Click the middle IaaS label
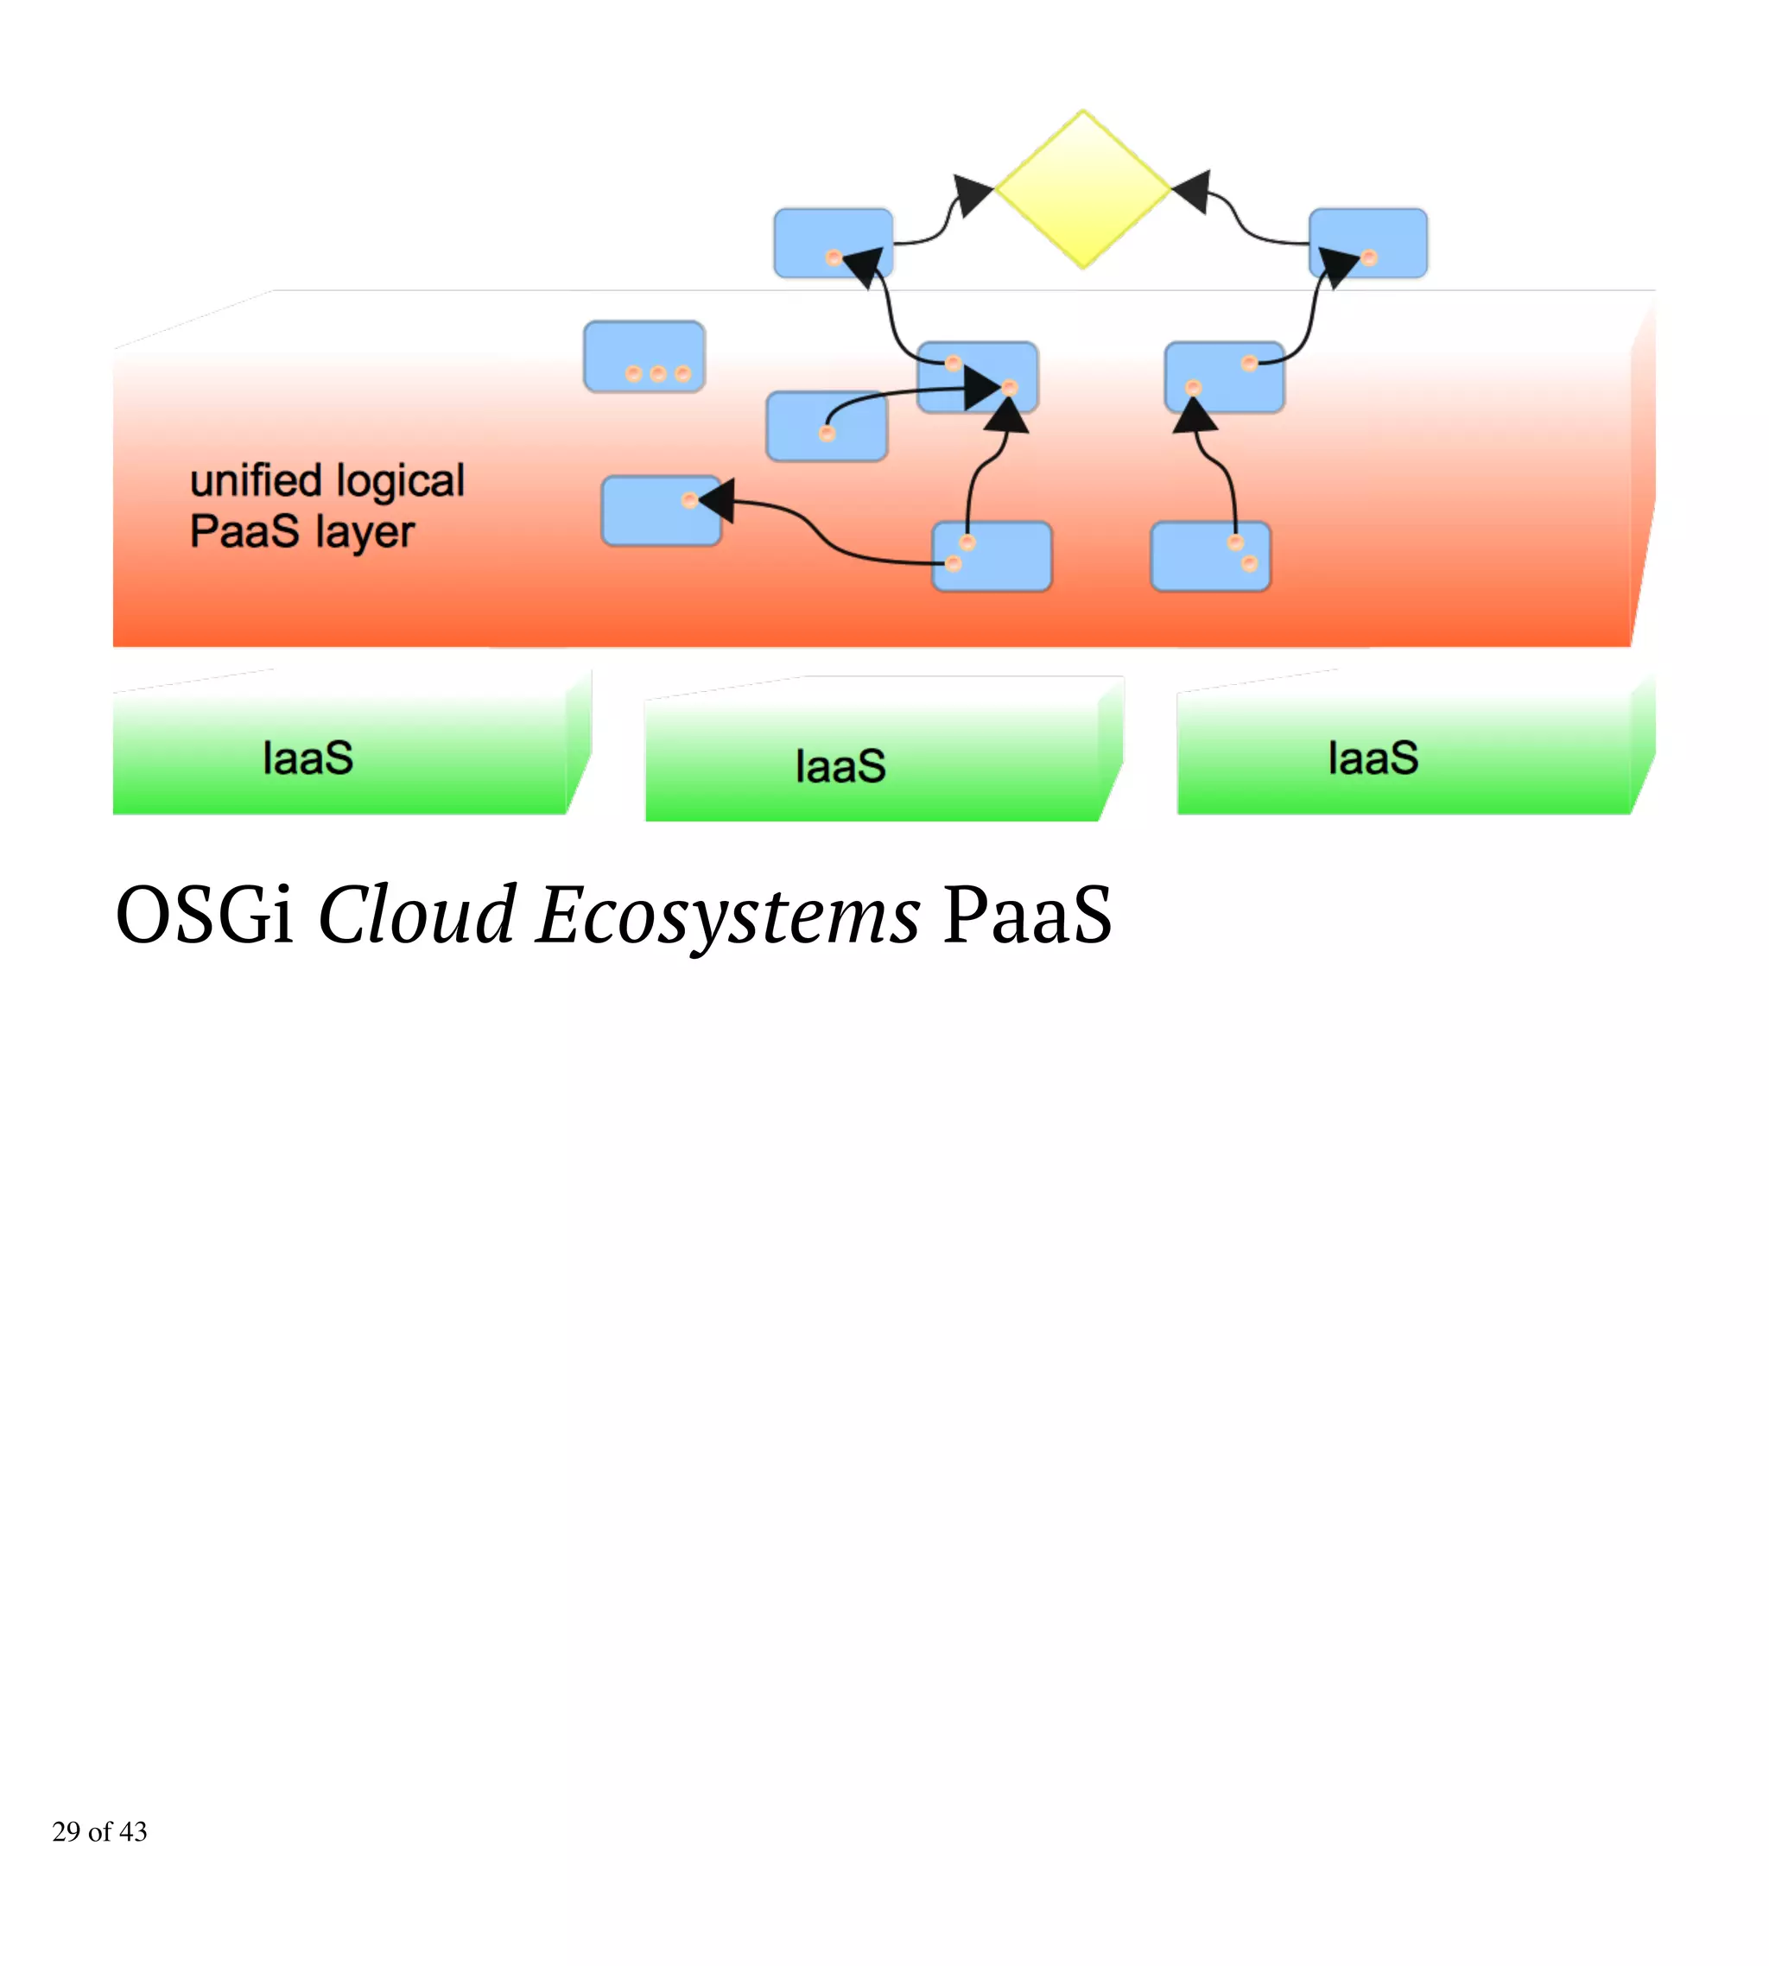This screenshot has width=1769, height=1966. pos(840,766)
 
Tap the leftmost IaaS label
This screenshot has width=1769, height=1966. pos(308,758)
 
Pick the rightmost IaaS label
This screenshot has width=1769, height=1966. pos(1373,758)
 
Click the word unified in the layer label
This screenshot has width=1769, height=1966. pos(255,481)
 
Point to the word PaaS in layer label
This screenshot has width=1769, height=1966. pos(244,531)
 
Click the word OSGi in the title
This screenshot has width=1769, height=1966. pos(204,916)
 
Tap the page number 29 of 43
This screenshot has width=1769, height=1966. pos(99,1831)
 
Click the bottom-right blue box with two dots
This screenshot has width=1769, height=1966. pos(1209,556)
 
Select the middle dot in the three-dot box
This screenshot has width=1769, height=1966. pos(658,373)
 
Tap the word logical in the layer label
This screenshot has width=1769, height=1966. pos(399,481)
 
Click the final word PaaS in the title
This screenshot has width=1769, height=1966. pos(1026,916)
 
